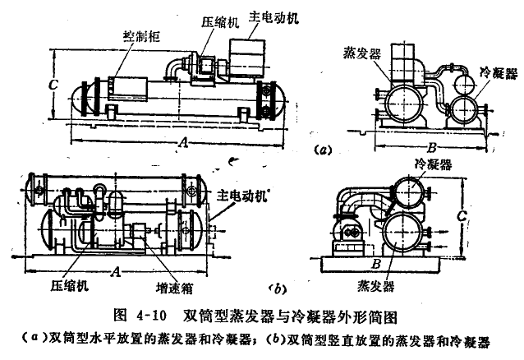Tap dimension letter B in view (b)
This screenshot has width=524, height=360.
coord(375,263)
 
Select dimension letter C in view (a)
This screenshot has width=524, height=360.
coord(52,83)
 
